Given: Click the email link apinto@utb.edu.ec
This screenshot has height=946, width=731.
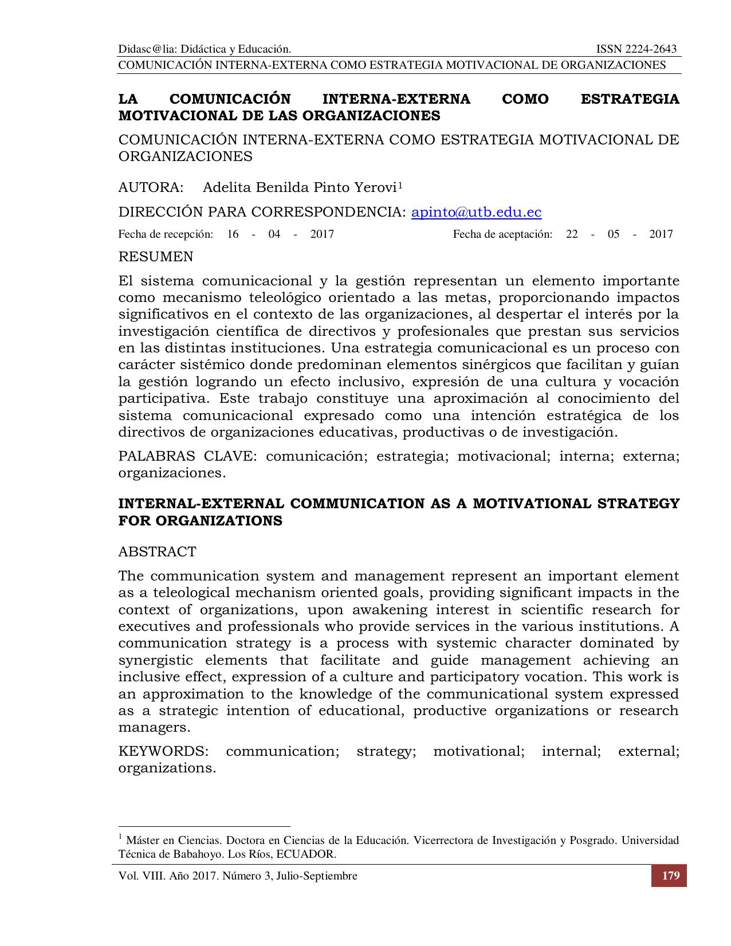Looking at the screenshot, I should tap(476, 213).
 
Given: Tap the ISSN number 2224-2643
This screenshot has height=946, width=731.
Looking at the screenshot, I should tap(650, 49).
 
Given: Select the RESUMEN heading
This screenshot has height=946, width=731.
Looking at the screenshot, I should tap(156, 257).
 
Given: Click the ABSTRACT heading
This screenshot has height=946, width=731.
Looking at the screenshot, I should tap(157, 552).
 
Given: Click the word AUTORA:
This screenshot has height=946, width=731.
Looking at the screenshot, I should tap(151, 188).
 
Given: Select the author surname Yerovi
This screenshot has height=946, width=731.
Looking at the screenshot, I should tap(375, 188).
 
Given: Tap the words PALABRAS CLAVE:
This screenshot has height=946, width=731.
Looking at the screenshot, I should tap(186, 457).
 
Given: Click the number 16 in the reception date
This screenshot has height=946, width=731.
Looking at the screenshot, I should tap(233, 234).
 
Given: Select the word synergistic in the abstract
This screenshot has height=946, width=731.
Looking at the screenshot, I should tap(155, 660).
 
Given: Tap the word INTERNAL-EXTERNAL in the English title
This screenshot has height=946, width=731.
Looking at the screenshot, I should tap(201, 504).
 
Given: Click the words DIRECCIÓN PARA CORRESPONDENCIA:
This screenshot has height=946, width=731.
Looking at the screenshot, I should tap(262, 213).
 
